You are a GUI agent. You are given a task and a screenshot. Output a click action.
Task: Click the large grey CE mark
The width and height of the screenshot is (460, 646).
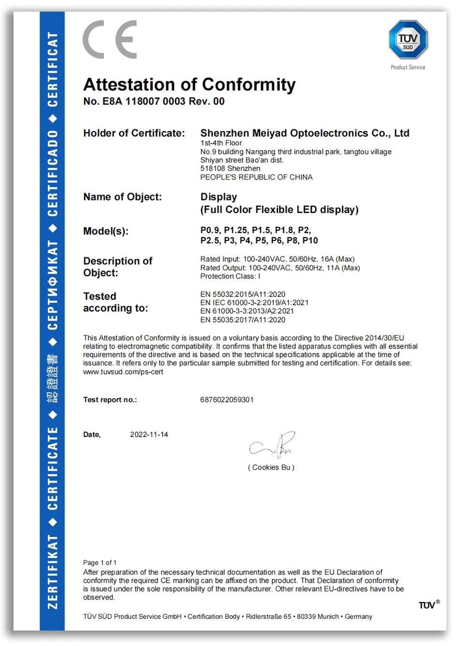(x=110, y=40)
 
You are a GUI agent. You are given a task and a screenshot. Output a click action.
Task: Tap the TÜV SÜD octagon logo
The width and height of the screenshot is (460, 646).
(x=408, y=40)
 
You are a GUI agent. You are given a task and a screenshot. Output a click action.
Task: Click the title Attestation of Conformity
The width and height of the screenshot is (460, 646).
(x=189, y=84)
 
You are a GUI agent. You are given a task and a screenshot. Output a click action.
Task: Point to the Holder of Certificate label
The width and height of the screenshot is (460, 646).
(x=134, y=133)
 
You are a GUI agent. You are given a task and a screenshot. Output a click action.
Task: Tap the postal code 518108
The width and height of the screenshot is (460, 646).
(x=214, y=169)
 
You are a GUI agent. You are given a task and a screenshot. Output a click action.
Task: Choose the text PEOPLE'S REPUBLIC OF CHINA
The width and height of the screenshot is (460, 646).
(x=256, y=177)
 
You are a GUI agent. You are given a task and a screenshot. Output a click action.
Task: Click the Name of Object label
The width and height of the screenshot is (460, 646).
(x=122, y=197)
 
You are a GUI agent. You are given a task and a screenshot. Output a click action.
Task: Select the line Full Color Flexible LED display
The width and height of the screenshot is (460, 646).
(x=279, y=210)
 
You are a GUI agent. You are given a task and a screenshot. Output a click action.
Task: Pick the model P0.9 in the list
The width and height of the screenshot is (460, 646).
(x=210, y=230)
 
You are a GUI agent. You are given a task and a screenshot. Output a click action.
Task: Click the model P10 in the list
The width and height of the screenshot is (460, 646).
(x=310, y=240)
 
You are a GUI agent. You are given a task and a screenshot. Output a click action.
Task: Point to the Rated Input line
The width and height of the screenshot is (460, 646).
(x=277, y=259)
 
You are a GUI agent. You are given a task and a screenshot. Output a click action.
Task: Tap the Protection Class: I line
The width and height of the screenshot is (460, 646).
(x=230, y=276)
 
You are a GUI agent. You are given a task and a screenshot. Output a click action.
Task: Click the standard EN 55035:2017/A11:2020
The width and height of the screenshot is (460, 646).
(x=243, y=320)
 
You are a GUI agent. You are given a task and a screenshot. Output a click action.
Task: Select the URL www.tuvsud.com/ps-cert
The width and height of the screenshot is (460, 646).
(x=123, y=372)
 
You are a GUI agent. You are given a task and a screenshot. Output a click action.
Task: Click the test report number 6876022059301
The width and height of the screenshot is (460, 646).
(x=227, y=400)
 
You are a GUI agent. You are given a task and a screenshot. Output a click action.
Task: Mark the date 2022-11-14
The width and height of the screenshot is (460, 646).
(x=149, y=435)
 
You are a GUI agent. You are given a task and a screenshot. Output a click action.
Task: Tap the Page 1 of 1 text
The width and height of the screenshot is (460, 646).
(x=100, y=562)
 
